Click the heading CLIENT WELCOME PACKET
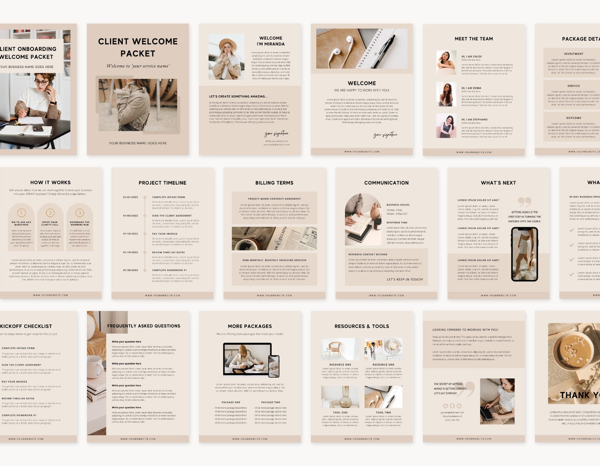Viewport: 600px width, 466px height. (x=138, y=47)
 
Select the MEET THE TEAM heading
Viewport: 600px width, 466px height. (x=473, y=38)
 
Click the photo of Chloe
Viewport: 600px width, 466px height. (x=446, y=63)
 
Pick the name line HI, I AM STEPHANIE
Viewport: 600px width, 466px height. (x=474, y=119)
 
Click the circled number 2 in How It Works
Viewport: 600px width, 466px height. (x=50, y=213)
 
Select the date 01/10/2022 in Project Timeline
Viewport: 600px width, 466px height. (x=130, y=234)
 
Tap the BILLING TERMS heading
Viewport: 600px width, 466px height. (x=274, y=183)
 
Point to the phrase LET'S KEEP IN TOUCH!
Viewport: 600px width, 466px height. (x=404, y=280)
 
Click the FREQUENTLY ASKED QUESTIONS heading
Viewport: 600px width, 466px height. (x=144, y=326)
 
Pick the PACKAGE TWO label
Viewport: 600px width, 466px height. (x=271, y=402)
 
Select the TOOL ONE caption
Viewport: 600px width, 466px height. (x=340, y=412)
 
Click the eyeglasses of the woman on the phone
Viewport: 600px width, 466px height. (x=41, y=82)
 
